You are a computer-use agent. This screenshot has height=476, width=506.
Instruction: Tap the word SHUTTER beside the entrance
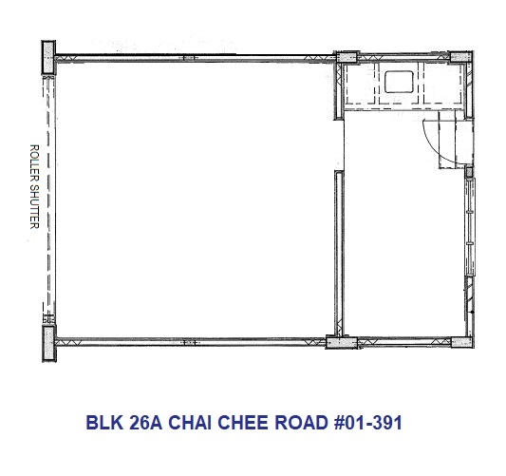[x=34, y=207]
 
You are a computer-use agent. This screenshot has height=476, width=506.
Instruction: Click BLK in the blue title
[x=104, y=423]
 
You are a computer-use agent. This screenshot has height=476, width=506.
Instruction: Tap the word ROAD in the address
[x=301, y=423]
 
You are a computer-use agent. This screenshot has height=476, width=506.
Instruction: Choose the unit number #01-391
[x=368, y=423]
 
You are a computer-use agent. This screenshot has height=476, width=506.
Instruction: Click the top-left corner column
[x=48, y=58]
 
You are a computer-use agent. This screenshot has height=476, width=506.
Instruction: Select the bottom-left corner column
[x=49, y=343]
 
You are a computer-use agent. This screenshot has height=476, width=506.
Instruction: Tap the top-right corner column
[x=461, y=57]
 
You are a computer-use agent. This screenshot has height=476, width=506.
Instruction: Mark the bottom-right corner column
[x=462, y=342]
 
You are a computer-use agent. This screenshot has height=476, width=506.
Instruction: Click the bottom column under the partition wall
[x=342, y=342]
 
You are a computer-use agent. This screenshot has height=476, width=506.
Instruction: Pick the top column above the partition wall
[x=347, y=57]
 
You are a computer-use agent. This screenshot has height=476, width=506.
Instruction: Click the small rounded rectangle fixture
[x=399, y=82]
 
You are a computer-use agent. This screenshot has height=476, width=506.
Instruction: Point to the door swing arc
[x=431, y=148]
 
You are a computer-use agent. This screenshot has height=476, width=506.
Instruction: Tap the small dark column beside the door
[x=469, y=172]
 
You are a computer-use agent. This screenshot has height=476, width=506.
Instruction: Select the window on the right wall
[x=470, y=227]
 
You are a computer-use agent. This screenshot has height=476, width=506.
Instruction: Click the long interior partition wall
[x=339, y=254]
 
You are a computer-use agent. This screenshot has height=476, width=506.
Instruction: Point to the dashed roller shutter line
[x=48, y=197]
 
